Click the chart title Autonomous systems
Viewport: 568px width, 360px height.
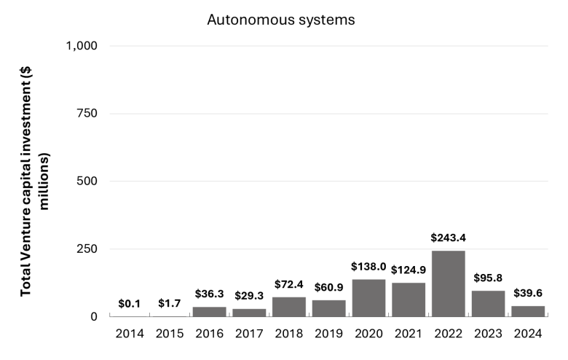point(281,20)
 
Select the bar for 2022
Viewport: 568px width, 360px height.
point(448,283)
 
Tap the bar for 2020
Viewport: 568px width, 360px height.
point(368,298)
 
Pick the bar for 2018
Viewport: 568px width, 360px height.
point(289,307)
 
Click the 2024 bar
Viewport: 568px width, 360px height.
point(528,311)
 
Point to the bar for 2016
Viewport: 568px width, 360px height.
point(210,312)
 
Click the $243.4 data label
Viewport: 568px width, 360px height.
point(448,238)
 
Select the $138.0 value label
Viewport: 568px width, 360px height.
point(368,267)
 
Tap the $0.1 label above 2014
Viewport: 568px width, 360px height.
point(130,304)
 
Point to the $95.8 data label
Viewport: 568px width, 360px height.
point(488,278)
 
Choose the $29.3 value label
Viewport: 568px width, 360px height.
point(249,296)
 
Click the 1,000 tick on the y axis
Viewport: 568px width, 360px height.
point(82,46)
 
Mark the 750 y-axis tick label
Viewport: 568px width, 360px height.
point(87,114)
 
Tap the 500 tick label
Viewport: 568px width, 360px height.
point(87,181)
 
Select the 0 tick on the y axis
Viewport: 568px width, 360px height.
point(94,316)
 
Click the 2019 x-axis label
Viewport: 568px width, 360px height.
point(328,334)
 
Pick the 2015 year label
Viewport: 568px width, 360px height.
point(170,334)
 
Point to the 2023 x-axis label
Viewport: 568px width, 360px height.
point(488,334)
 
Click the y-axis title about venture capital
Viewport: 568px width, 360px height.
point(34,181)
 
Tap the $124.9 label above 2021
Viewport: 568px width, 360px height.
point(409,270)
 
